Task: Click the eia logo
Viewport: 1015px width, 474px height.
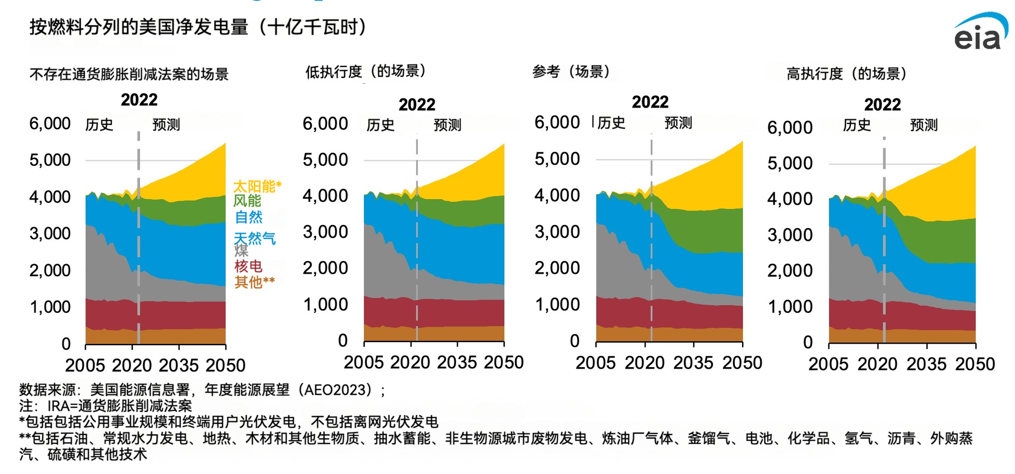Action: click(x=980, y=33)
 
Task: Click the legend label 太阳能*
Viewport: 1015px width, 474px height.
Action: click(x=257, y=186)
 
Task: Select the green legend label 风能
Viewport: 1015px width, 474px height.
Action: click(x=247, y=201)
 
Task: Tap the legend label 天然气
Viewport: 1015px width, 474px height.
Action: click(x=255, y=238)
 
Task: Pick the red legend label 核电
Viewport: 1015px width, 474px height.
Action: click(x=248, y=266)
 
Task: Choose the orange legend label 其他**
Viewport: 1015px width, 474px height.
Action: click(x=254, y=282)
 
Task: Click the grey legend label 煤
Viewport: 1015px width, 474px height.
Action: click(x=241, y=250)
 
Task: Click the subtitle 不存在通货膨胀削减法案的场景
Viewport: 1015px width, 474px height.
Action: click(x=129, y=75)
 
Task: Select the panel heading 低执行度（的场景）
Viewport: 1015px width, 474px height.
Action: click(x=365, y=71)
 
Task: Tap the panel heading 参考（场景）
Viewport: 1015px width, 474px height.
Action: click(x=571, y=71)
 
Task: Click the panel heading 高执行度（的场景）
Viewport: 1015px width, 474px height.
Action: click(x=847, y=74)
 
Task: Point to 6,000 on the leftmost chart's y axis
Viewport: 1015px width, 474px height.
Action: click(x=50, y=124)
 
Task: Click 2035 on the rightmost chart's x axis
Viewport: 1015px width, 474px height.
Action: click(x=926, y=364)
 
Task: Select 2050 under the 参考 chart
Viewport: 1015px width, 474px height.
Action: click(x=742, y=363)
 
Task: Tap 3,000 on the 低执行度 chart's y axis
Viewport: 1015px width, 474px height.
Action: click(x=325, y=232)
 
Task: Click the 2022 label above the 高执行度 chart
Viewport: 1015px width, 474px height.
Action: click(x=883, y=105)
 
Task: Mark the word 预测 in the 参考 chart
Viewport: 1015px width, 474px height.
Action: click(x=678, y=123)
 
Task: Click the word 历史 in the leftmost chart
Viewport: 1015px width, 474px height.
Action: click(x=99, y=125)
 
